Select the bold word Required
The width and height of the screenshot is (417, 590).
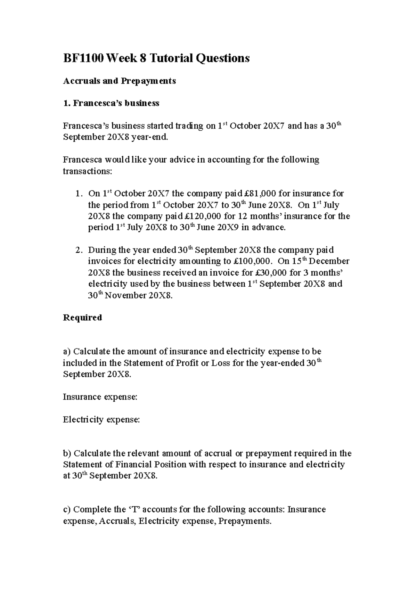point(82,318)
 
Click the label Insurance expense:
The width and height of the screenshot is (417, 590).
point(100,397)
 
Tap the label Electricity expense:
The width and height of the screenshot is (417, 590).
point(101,420)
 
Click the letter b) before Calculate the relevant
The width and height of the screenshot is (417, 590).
point(67,453)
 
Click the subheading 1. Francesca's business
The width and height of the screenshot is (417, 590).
point(111,104)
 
